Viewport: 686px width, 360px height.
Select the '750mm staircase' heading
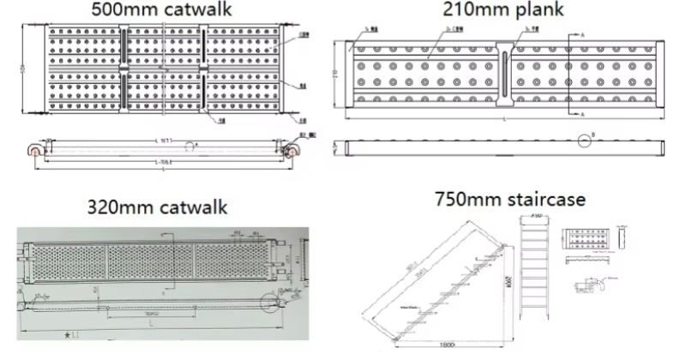click(x=509, y=200)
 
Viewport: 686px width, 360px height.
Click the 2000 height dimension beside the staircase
click(x=508, y=279)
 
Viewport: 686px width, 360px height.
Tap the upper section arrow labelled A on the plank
click(x=583, y=35)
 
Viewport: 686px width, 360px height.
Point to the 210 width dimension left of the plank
click(x=338, y=75)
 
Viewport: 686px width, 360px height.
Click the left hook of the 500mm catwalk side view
click(x=35, y=150)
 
